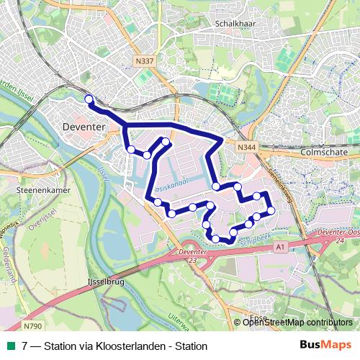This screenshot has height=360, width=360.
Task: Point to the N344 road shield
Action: tap(246, 146)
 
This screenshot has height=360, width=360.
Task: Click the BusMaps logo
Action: tap(325, 345)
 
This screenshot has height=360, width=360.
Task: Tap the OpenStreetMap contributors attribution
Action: tap(297, 323)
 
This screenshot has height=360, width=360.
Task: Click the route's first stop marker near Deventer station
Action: tap(89, 99)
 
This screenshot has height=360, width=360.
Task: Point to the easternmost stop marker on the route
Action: tap(271, 210)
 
